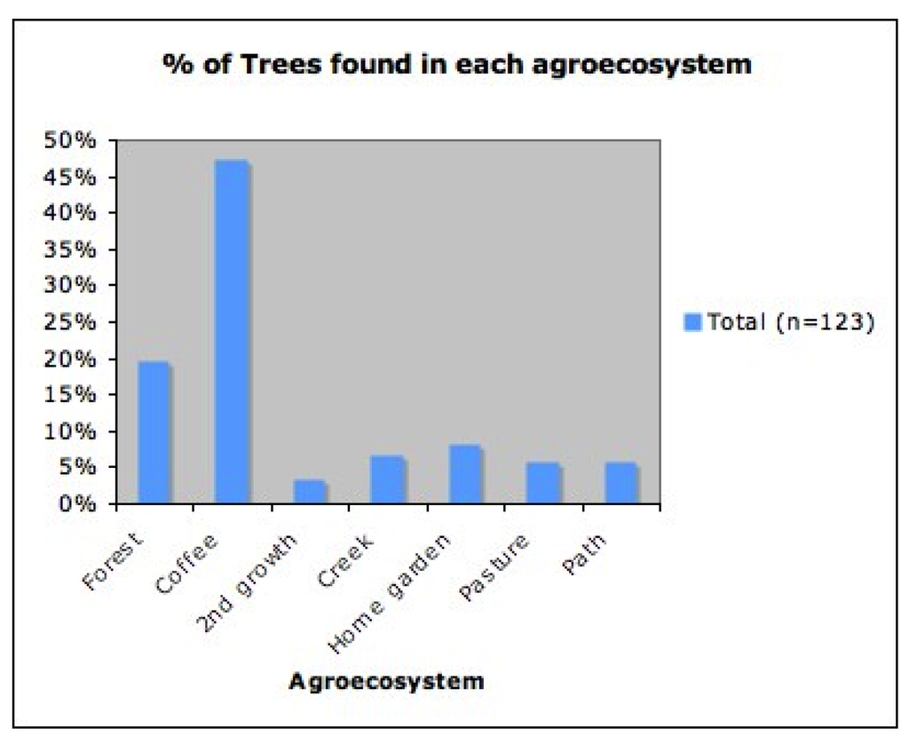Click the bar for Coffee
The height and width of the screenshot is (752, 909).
coord(233,332)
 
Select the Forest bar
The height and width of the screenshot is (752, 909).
coord(154,433)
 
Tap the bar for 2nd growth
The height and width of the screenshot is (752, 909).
coord(310,492)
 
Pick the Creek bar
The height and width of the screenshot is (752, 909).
coord(388,479)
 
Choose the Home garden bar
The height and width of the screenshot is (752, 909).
coord(465,474)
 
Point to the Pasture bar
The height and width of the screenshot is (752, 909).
coord(543,483)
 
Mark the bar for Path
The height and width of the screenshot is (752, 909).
coord(621,483)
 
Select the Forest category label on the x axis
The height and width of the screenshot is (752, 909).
coord(116,560)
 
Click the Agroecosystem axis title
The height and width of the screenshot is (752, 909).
coord(386,682)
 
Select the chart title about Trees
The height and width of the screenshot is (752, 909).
coord(456,65)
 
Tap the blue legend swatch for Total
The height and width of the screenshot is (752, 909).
coord(693,321)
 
